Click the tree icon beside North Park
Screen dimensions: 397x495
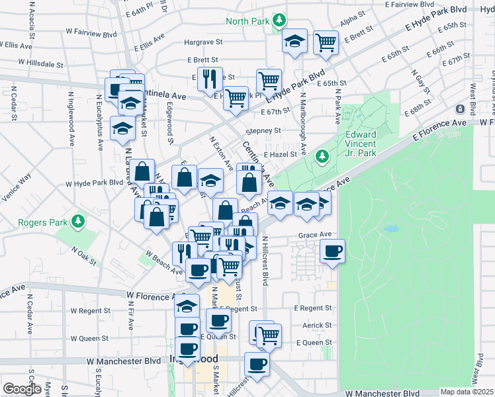pyautogui.click(x=280, y=20)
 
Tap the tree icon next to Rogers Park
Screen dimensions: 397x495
pyautogui.click(x=78, y=220)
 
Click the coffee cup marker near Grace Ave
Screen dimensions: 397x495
pyautogui.click(x=332, y=251)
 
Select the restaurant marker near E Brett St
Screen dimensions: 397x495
pyautogui.click(x=210, y=79)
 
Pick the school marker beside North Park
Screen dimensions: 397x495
pyautogui.click(x=294, y=42)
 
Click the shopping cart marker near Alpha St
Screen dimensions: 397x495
pyautogui.click(x=326, y=42)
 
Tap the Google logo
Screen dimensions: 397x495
pyautogui.click(x=22, y=389)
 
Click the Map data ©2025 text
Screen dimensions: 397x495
pyautogui.click(x=467, y=392)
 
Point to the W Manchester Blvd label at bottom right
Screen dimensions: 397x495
pyautogui.click(x=383, y=392)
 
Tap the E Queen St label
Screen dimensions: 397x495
pyautogui.click(x=314, y=342)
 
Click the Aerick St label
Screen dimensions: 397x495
pyautogui.click(x=318, y=326)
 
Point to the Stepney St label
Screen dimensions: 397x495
pyautogui.click(x=263, y=131)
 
